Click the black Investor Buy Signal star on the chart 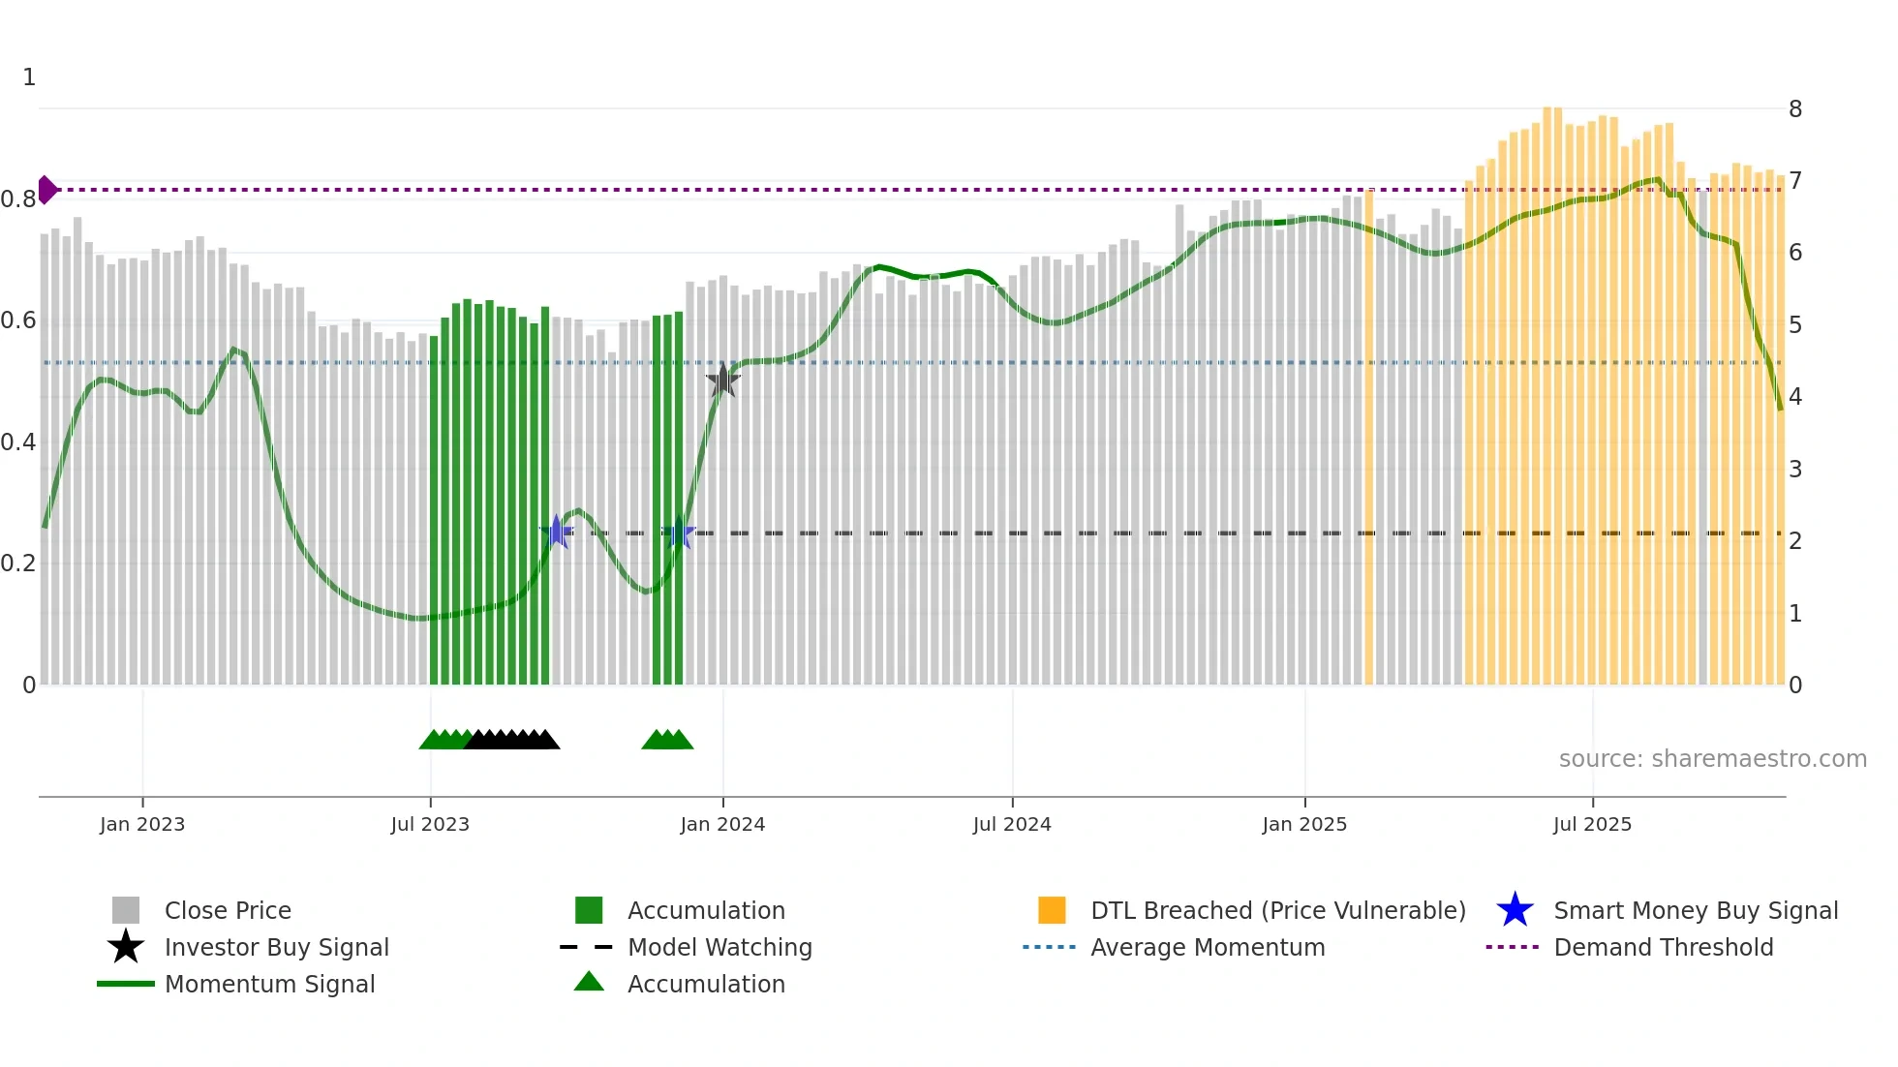[x=722, y=381]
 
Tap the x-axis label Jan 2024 [x=722, y=824]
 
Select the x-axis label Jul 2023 [x=430, y=824]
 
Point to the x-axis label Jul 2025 [x=1592, y=824]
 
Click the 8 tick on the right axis [x=1794, y=109]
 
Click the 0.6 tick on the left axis [x=18, y=320]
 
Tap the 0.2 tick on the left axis [x=18, y=564]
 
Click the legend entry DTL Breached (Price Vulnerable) [x=1277, y=910]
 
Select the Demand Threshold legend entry [x=1663, y=947]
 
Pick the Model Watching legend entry [x=719, y=947]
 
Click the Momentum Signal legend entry [x=269, y=984]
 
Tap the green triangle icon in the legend [x=589, y=982]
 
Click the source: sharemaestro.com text [x=1712, y=758]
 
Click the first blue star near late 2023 [x=557, y=532]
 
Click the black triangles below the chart [x=511, y=740]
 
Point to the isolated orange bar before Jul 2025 [x=1368, y=436]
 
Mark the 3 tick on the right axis [x=1794, y=470]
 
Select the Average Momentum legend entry [x=1207, y=947]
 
